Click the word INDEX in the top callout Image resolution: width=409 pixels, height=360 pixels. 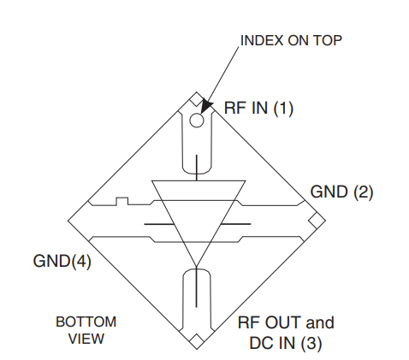tap(262, 40)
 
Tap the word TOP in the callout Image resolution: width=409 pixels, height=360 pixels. tap(328, 40)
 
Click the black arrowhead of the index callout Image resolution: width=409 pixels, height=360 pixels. tap(206, 106)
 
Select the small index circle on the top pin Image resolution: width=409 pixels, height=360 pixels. tap(197, 120)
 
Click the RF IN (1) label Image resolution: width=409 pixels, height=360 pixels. tap(258, 108)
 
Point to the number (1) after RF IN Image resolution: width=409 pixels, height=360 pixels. tap(283, 109)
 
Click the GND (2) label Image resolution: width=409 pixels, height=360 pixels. tap(341, 192)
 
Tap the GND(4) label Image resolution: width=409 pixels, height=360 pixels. tap(62, 261)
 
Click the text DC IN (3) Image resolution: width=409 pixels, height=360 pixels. tap(286, 343)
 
